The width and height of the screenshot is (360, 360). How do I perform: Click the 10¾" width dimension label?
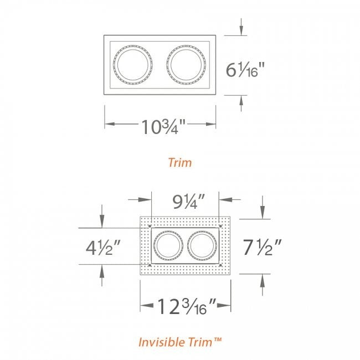(163, 126)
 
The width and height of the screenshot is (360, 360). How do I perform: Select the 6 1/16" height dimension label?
(245, 69)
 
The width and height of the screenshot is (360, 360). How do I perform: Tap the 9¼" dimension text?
(188, 202)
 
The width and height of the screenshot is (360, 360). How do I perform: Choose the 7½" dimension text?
(262, 247)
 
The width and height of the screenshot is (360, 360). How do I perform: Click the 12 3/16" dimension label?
(187, 306)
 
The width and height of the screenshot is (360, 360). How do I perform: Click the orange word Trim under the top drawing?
(180, 162)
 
